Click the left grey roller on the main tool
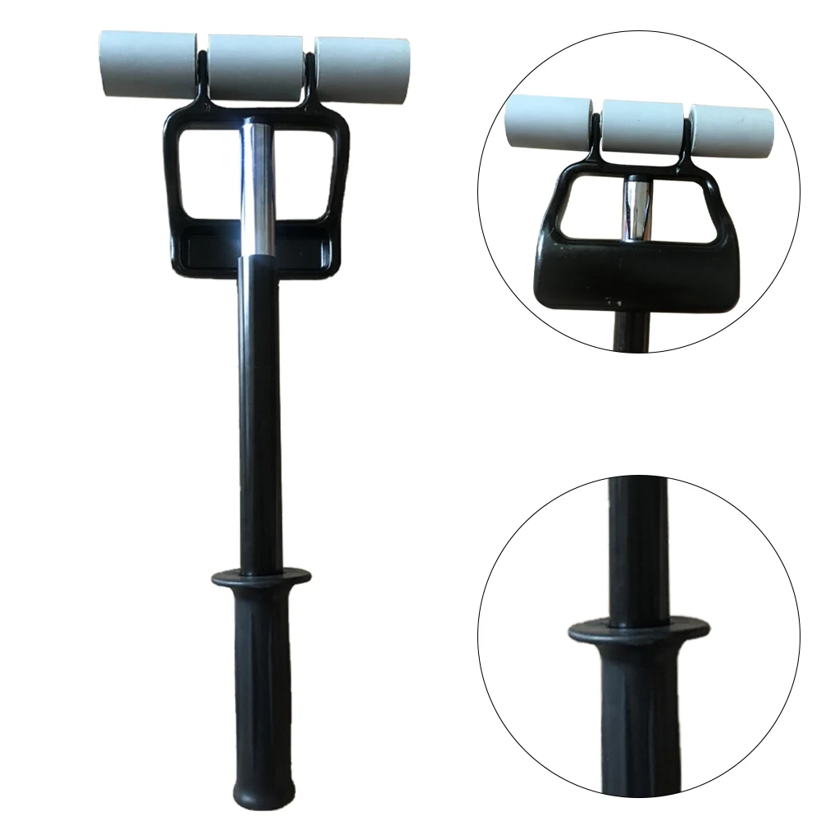[x=148, y=63]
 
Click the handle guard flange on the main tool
[x=261, y=578]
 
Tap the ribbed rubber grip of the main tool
[x=262, y=673]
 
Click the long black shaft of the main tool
[x=261, y=410]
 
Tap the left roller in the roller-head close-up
[x=547, y=122]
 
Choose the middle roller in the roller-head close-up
[x=643, y=127]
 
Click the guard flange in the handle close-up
[x=638, y=631]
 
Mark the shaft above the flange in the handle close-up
[x=639, y=550]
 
